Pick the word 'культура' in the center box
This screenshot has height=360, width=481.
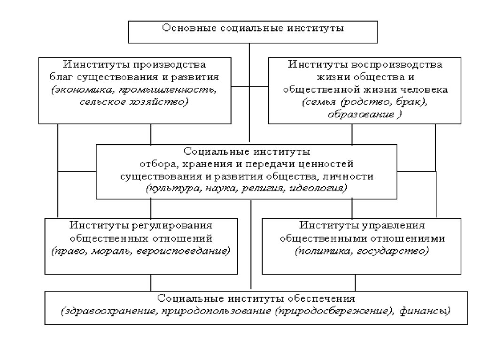170,188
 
